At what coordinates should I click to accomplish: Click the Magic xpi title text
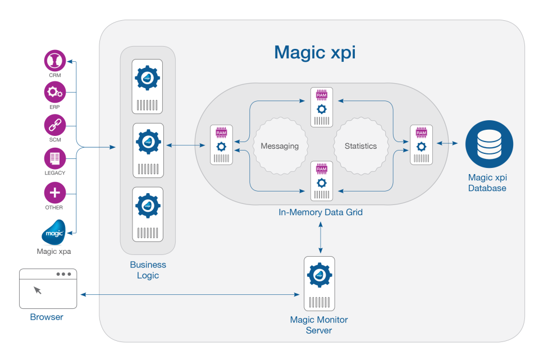314,52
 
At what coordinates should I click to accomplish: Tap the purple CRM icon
55,61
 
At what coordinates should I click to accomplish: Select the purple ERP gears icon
55,92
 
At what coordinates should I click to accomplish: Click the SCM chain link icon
55,125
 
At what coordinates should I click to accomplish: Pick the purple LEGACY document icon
55,158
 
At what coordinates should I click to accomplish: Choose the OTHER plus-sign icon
55,193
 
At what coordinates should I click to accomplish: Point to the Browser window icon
48,289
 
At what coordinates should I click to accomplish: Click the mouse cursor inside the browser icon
38,290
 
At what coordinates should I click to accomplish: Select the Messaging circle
280,146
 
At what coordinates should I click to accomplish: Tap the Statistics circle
360,146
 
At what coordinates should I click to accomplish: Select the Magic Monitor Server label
319,325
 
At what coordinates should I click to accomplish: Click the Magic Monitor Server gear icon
319,276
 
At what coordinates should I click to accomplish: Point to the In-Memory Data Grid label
321,212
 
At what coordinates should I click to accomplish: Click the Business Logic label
148,270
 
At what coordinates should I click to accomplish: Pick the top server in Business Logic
148,86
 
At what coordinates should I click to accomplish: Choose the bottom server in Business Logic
148,214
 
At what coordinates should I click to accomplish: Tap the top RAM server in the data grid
321,107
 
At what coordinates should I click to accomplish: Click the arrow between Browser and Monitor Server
191,294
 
